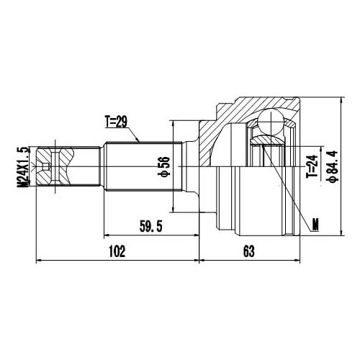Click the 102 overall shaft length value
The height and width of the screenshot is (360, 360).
tap(117, 251)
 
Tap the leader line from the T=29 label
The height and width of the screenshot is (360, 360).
tap(140, 134)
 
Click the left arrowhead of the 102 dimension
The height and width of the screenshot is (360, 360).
tap(39, 259)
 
